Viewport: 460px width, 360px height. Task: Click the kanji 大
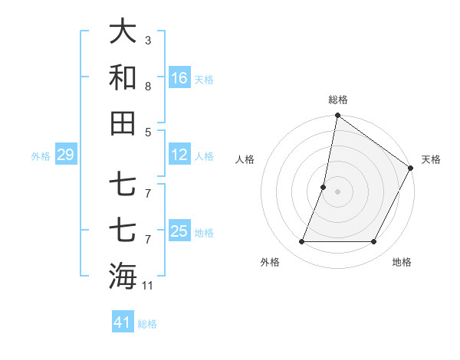[123, 31]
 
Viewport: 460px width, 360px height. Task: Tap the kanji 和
[123, 77]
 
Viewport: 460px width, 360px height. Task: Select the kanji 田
[123, 123]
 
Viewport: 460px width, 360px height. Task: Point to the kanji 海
[123, 276]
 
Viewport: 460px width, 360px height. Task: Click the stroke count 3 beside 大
[148, 40]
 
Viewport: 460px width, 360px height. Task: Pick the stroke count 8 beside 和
[148, 86]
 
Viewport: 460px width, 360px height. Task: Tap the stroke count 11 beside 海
[148, 286]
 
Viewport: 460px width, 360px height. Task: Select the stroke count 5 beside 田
[148, 132]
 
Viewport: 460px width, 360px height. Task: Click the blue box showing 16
[179, 78]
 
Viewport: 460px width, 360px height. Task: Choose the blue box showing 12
[179, 155]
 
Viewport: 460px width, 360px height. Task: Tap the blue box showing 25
[179, 231]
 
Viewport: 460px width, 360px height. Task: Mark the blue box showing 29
[65, 155]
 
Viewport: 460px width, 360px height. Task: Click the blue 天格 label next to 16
[204, 80]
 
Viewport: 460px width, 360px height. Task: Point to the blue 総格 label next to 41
[147, 324]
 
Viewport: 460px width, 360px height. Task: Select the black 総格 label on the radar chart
[338, 100]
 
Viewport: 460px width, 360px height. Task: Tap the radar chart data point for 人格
[324, 187]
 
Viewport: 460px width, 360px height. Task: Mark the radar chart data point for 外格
[301, 242]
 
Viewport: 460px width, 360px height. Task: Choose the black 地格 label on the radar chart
[402, 262]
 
